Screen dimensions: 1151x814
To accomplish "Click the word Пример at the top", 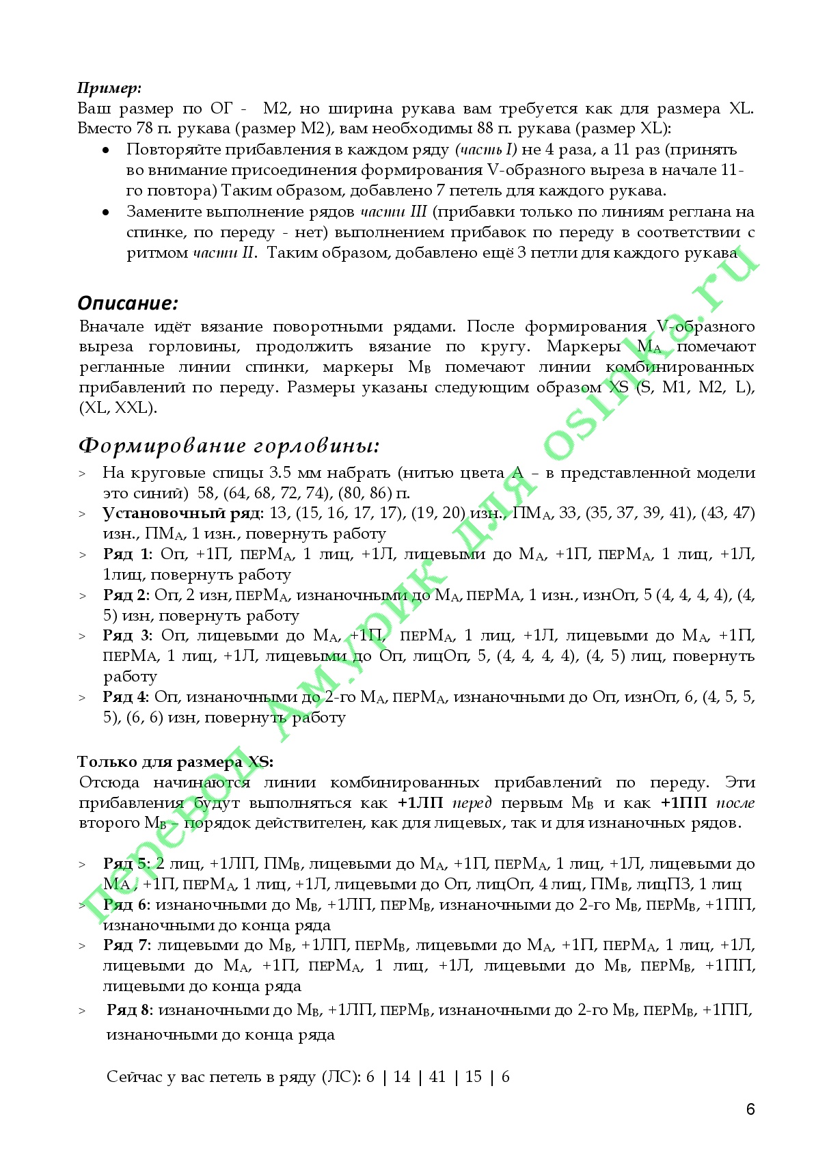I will [x=109, y=88].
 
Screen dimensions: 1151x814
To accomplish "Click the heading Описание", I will [x=128, y=303].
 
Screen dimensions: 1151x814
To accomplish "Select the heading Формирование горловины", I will [x=229, y=446].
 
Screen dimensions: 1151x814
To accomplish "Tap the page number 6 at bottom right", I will [x=750, y=1109].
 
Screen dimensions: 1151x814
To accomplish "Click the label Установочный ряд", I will [x=182, y=513].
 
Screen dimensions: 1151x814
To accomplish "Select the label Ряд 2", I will [x=126, y=595].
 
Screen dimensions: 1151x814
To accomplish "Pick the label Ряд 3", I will [x=128, y=636].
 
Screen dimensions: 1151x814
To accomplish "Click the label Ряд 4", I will [x=126, y=697].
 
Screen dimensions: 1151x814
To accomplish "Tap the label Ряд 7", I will [x=127, y=945].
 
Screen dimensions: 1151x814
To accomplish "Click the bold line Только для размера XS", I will [x=175, y=762].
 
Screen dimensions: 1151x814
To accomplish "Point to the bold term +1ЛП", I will [x=420, y=803].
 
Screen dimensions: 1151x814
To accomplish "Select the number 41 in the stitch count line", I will [x=437, y=1077].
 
